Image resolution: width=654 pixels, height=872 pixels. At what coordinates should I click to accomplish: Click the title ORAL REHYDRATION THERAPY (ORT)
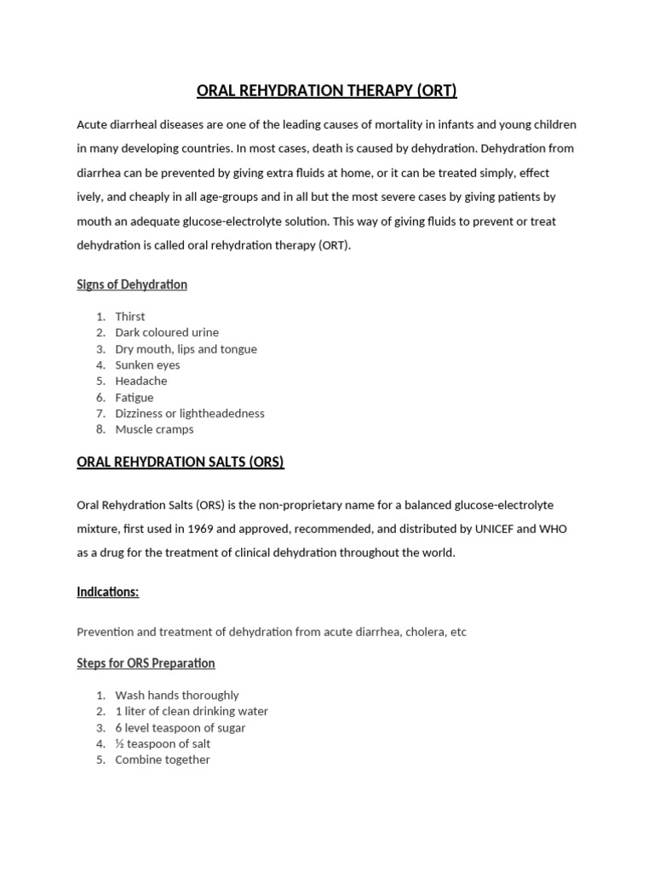pos(327,90)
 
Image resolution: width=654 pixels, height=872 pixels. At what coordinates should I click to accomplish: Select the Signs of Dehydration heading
pos(132,284)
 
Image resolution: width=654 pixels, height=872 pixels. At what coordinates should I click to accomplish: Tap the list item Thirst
pos(130,317)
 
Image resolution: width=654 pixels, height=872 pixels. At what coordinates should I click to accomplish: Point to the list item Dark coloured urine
pos(167,333)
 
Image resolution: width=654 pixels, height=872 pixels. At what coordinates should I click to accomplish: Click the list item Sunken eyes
pos(147,365)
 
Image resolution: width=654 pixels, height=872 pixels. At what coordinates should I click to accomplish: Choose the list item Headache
pos(141,381)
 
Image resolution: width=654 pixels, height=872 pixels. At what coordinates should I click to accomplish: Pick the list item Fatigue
pos(135,398)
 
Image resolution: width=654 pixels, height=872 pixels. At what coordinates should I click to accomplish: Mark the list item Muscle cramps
pos(154,429)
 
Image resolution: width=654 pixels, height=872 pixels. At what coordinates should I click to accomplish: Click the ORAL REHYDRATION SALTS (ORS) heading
pos(181,462)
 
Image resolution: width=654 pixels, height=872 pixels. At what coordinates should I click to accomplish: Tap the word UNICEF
pos(489,529)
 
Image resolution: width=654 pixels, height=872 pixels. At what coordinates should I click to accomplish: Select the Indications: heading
pos(108,592)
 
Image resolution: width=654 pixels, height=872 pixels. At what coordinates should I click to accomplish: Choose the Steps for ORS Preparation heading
pos(146,663)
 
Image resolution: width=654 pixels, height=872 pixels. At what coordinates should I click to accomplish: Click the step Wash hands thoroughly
pos(177,696)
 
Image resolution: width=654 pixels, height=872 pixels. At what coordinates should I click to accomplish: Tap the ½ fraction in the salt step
pos(120,743)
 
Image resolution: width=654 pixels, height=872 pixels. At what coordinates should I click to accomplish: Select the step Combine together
pos(163,760)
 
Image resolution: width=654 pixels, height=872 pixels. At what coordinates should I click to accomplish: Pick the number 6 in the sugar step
pos(119,728)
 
